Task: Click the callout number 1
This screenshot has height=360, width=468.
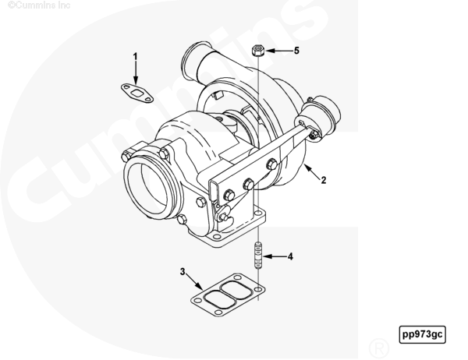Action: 135,57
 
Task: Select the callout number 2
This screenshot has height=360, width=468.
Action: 324,180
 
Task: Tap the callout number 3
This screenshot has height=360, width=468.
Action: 183,272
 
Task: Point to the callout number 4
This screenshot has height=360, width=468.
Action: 290,256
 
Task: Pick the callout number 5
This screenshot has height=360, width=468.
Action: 296,51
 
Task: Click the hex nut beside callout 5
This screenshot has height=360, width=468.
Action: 258,51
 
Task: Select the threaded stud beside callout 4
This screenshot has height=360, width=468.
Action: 258,256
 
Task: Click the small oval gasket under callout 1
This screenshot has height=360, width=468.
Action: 137,93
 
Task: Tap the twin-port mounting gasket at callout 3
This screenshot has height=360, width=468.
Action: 228,295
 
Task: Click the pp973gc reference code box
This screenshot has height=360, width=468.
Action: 422,334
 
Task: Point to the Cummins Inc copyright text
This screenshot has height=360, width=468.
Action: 39,5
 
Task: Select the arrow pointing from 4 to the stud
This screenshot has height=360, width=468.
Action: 275,256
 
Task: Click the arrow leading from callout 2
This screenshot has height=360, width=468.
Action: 312,171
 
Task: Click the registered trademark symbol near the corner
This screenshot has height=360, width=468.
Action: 379,348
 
